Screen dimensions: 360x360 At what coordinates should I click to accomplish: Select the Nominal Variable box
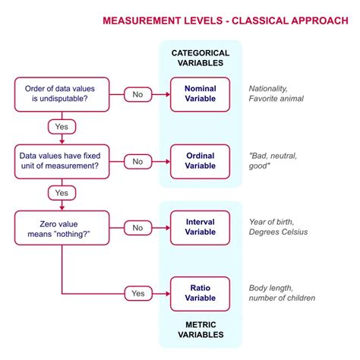[x=200, y=94]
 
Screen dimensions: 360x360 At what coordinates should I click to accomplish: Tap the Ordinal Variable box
[x=200, y=161]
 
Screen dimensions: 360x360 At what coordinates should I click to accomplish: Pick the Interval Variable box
[x=200, y=227]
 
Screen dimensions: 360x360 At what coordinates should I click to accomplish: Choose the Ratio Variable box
[x=200, y=292]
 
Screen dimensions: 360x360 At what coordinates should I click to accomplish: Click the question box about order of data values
[x=62, y=94]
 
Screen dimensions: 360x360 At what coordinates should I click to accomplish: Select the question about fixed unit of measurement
[x=62, y=161]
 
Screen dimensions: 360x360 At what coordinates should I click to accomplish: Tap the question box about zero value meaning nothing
[x=62, y=227]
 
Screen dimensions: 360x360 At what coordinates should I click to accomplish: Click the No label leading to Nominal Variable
[x=137, y=94]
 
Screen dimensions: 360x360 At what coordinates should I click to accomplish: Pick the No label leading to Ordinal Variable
[x=137, y=161]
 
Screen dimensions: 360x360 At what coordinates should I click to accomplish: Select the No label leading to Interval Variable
[x=137, y=227]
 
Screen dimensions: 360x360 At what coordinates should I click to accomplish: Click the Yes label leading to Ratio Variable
[x=137, y=292]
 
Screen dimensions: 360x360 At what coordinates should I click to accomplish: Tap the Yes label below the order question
[x=62, y=126]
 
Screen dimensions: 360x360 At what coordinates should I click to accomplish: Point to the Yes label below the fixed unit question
[x=62, y=193]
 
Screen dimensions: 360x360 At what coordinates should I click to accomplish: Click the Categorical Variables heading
[x=200, y=58]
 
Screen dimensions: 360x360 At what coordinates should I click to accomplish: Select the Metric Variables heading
[x=200, y=329]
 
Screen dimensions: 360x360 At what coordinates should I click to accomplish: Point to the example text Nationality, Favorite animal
[x=276, y=94]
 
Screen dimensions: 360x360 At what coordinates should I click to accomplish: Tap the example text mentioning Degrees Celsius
[x=278, y=227]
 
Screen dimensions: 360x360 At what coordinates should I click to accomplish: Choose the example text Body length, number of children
[x=282, y=292]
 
